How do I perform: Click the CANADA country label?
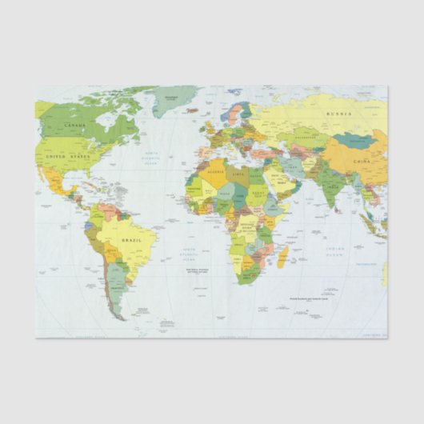click(74, 126)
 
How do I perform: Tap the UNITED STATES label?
click(67, 158)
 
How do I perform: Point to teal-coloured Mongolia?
click(355, 142)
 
